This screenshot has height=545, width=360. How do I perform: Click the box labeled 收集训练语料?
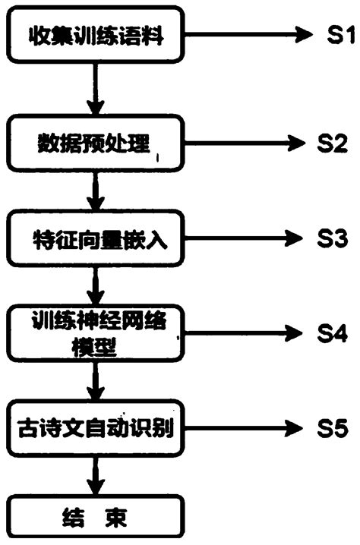[x=96, y=35]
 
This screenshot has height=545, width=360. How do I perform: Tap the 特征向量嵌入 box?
[x=96, y=239]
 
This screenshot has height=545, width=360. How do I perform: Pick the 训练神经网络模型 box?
[x=96, y=332]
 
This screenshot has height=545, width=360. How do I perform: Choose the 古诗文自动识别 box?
[x=96, y=430]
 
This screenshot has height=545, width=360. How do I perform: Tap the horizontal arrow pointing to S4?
[x=243, y=332]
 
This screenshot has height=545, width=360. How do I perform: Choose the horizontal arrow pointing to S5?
[x=243, y=429]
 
